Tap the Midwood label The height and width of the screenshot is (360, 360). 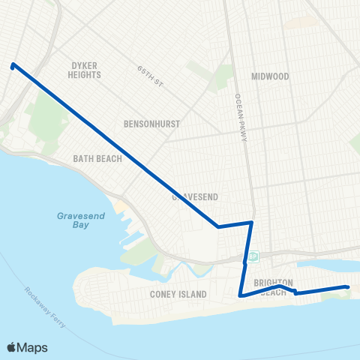pyautogui.click(x=270, y=76)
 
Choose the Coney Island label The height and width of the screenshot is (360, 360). pyautogui.click(x=178, y=295)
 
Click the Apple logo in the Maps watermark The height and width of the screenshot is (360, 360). pyautogui.click(x=12, y=347)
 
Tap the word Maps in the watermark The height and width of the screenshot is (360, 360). pyautogui.click(x=33, y=347)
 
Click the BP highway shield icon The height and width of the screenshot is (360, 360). pyautogui.click(x=253, y=256)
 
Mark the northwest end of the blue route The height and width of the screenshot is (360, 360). pyautogui.click(x=13, y=65)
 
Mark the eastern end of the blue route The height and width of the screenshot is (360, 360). pyautogui.click(x=347, y=286)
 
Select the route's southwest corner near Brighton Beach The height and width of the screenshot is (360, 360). pyautogui.click(x=240, y=296)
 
